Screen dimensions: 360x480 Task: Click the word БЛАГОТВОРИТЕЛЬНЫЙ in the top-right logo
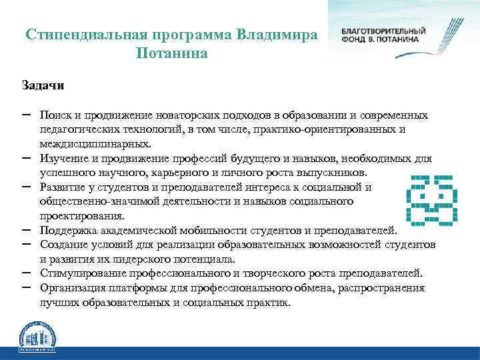(383, 31)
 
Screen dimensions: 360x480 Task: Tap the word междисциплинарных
(95, 143)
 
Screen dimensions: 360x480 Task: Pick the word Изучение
(63, 159)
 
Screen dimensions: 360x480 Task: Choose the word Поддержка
(66, 231)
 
